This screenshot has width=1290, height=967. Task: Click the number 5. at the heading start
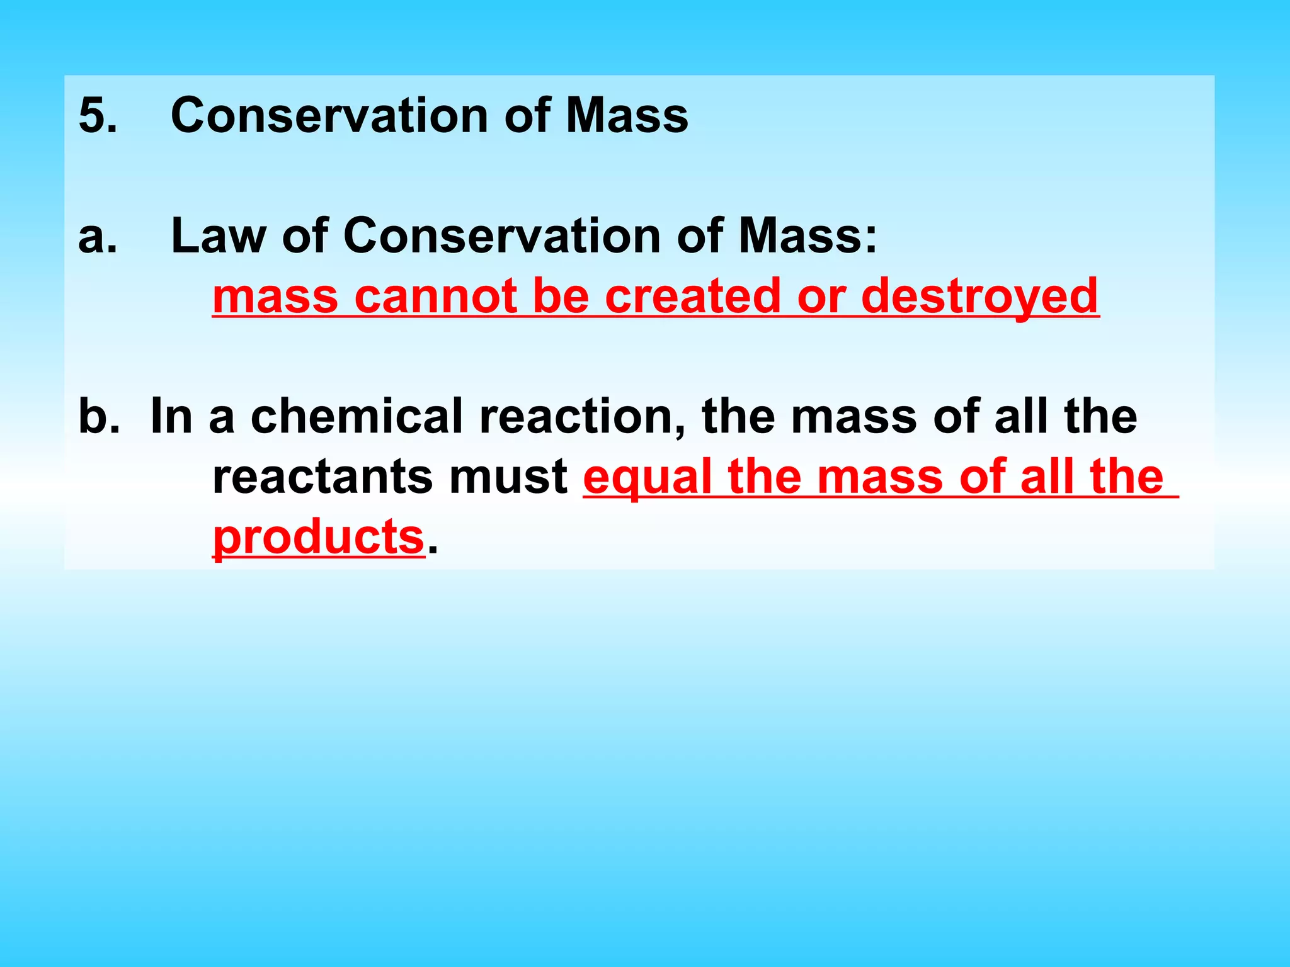click(x=98, y=116)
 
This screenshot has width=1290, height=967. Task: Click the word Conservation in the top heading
click(x=329, y=116)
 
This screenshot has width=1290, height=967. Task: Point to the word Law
click(x=218, y=236)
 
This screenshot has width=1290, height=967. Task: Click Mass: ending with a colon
click(x=808, y=236)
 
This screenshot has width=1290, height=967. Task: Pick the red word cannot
click(x=435, y=296)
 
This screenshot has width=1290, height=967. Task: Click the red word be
click(x=561, y=296)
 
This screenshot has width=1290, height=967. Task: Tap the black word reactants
click(x=322, y=477)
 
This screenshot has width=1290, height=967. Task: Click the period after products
click(x=432, y=550)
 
